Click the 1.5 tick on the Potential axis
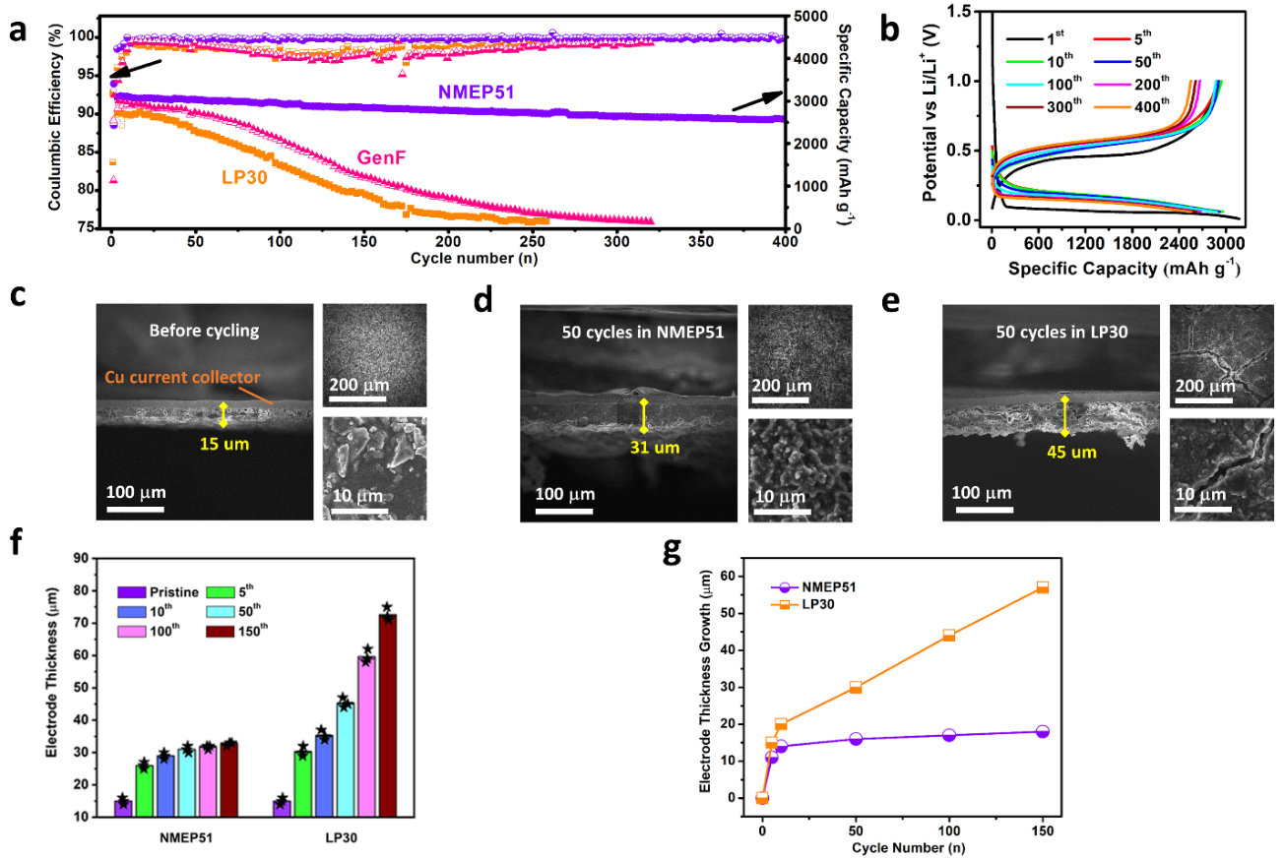click(967, 12)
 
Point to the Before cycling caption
click(204, 331)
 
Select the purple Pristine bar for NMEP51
click(123, 808)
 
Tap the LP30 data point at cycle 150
click(1042, 587)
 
